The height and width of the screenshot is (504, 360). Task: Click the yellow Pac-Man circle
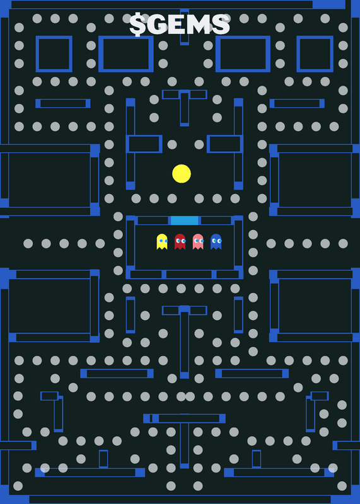182,174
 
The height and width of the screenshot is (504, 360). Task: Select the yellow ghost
162,241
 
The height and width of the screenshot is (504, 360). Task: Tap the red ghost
180,241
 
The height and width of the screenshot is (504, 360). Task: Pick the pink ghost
198,241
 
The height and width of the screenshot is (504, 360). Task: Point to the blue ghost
216,241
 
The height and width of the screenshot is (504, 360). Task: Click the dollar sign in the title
137,25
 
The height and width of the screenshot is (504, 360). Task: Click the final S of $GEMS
221,25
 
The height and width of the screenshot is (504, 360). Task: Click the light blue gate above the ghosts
184,220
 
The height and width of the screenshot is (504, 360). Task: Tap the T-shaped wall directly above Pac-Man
184,94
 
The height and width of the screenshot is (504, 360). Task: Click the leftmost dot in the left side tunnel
28,243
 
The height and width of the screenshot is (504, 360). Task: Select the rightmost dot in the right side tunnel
343,243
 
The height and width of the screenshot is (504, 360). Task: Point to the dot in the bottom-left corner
18,486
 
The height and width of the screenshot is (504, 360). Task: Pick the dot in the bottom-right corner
342,486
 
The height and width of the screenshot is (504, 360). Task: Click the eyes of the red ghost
181,241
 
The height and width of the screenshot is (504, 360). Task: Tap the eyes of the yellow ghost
163,241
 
